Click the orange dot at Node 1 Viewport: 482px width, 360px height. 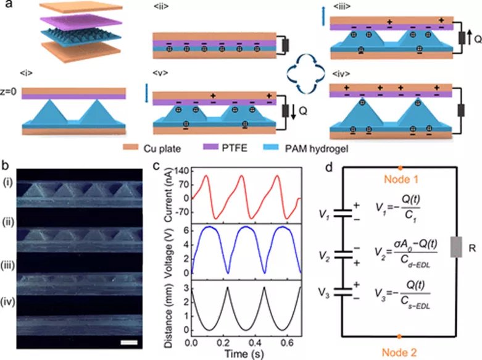coord(401,167)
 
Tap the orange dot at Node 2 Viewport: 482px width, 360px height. coord(401,337)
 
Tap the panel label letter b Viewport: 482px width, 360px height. coord(6,165)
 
